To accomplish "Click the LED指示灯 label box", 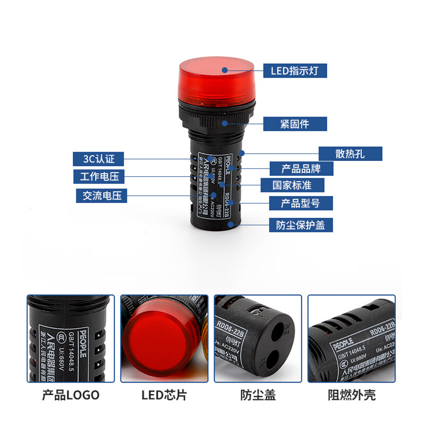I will [295, 70].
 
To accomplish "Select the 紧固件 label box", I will [295, 124].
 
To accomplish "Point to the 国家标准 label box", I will [292, 185].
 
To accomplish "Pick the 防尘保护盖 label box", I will [301, 225].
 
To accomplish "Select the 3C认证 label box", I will [99, 158].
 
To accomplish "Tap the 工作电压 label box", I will [99, 176].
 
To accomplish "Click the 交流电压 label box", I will [101, 195].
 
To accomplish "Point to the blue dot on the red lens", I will [225, 70].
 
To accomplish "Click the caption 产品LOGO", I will [71, 395].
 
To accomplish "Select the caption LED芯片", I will [164, 395].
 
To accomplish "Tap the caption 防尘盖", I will [258, 395].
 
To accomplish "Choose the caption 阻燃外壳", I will [352, 395].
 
